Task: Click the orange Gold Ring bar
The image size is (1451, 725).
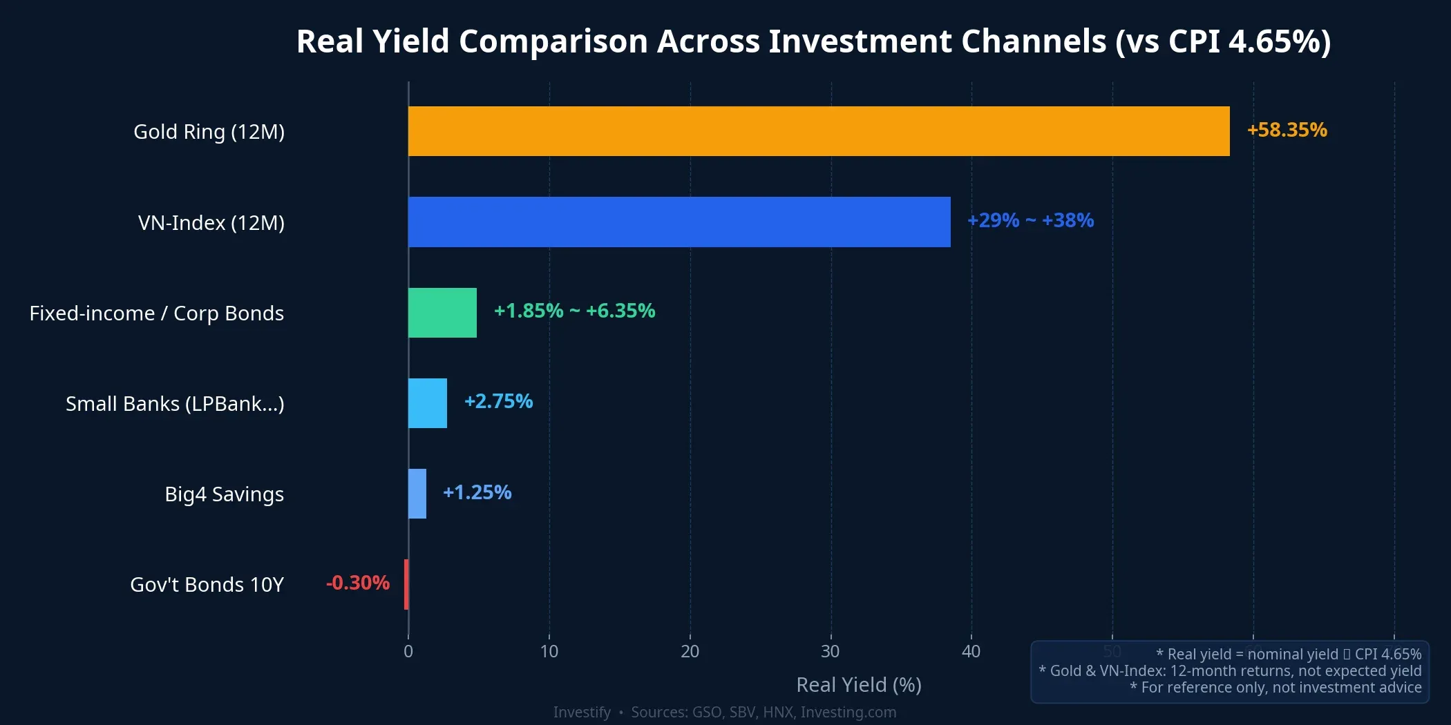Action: click(x=819, y=131)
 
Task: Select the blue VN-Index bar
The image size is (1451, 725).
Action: click(x=679, y=222)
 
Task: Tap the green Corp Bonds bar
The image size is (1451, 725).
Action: click(x=442, y=313)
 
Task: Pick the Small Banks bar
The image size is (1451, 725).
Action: click(x=428, y=403)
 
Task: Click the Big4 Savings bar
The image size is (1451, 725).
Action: click(x=417, y=494)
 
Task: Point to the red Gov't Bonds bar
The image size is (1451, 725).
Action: click(x=406, y=584)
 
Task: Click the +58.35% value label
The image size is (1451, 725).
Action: click(x=1287, y=130)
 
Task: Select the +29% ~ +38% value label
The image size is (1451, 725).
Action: click(x=1030, y=220)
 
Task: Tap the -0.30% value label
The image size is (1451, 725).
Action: click(x=358, y=583)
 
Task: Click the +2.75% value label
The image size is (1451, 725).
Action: click(x=498, y=401)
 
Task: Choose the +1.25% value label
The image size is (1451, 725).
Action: click(x=477, y=492)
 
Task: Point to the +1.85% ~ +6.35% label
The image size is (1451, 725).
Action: click(x=574, y=311)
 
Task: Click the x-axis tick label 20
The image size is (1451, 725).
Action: click(x=690, y=651)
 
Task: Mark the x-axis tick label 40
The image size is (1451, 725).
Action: click(x=971, y=651)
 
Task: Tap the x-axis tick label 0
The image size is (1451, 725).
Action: click(x=408, y=651)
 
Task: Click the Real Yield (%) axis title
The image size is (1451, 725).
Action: click(x=859, y=685)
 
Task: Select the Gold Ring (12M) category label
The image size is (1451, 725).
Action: click(x=209, y=131)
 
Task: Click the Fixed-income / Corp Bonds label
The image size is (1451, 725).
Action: click(x=157, y=313)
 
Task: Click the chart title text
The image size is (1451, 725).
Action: click(x=813, y=41)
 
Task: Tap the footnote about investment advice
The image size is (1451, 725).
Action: click(x=1275, y=688)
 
